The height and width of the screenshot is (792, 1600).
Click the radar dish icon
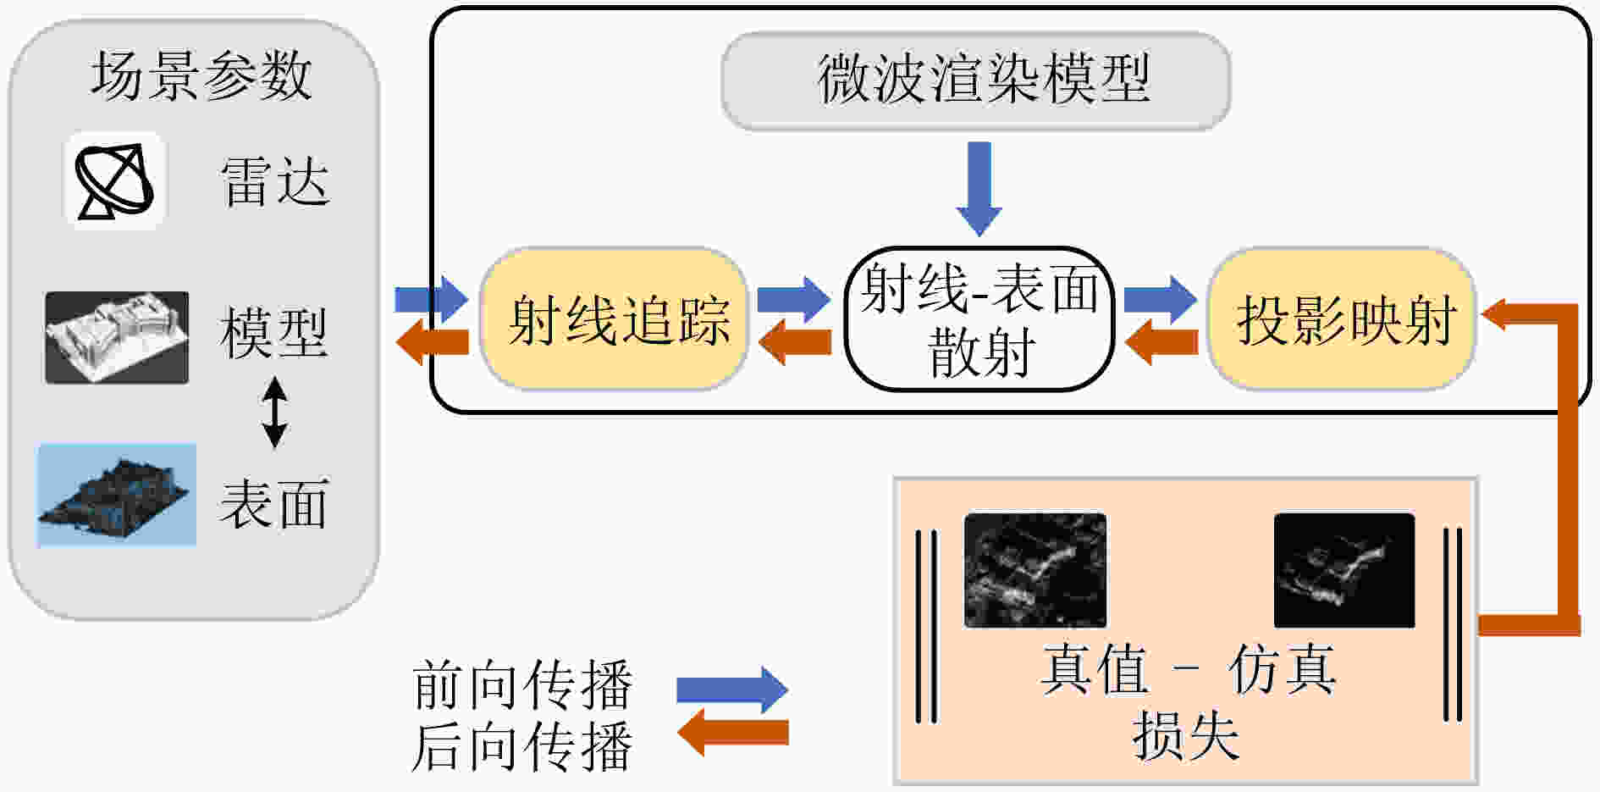tap(114, 180)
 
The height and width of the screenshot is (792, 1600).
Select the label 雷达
tap(274, 181)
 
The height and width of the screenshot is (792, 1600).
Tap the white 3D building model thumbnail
tap(117, 337)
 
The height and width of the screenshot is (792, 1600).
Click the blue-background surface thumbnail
tap(117, 495)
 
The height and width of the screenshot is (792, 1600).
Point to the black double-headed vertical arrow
tap(274, 413)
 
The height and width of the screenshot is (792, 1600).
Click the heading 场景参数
tap(201, 75)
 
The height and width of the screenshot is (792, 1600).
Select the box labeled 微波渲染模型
tap(976, 80)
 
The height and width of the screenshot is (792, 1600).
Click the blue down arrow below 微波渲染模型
tap(979, 189)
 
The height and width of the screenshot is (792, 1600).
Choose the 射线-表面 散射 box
tap(979, 319)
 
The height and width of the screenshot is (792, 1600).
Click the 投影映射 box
tap(1342, 319)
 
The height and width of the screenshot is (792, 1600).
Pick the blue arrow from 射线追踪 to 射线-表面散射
tap(794, 299)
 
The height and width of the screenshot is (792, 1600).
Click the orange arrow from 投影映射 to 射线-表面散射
tap(1161, 342)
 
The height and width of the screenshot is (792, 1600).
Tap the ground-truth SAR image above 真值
tap(1035, 570)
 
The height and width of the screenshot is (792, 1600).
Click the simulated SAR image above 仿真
tap(1344, 570)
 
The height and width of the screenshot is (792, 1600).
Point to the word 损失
tap(1186, 735)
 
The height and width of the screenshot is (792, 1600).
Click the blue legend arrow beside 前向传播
tap(732, 690)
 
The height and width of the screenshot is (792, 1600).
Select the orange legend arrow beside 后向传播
tap(732, 733)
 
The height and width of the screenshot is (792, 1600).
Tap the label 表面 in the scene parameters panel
tap(273, 503)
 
